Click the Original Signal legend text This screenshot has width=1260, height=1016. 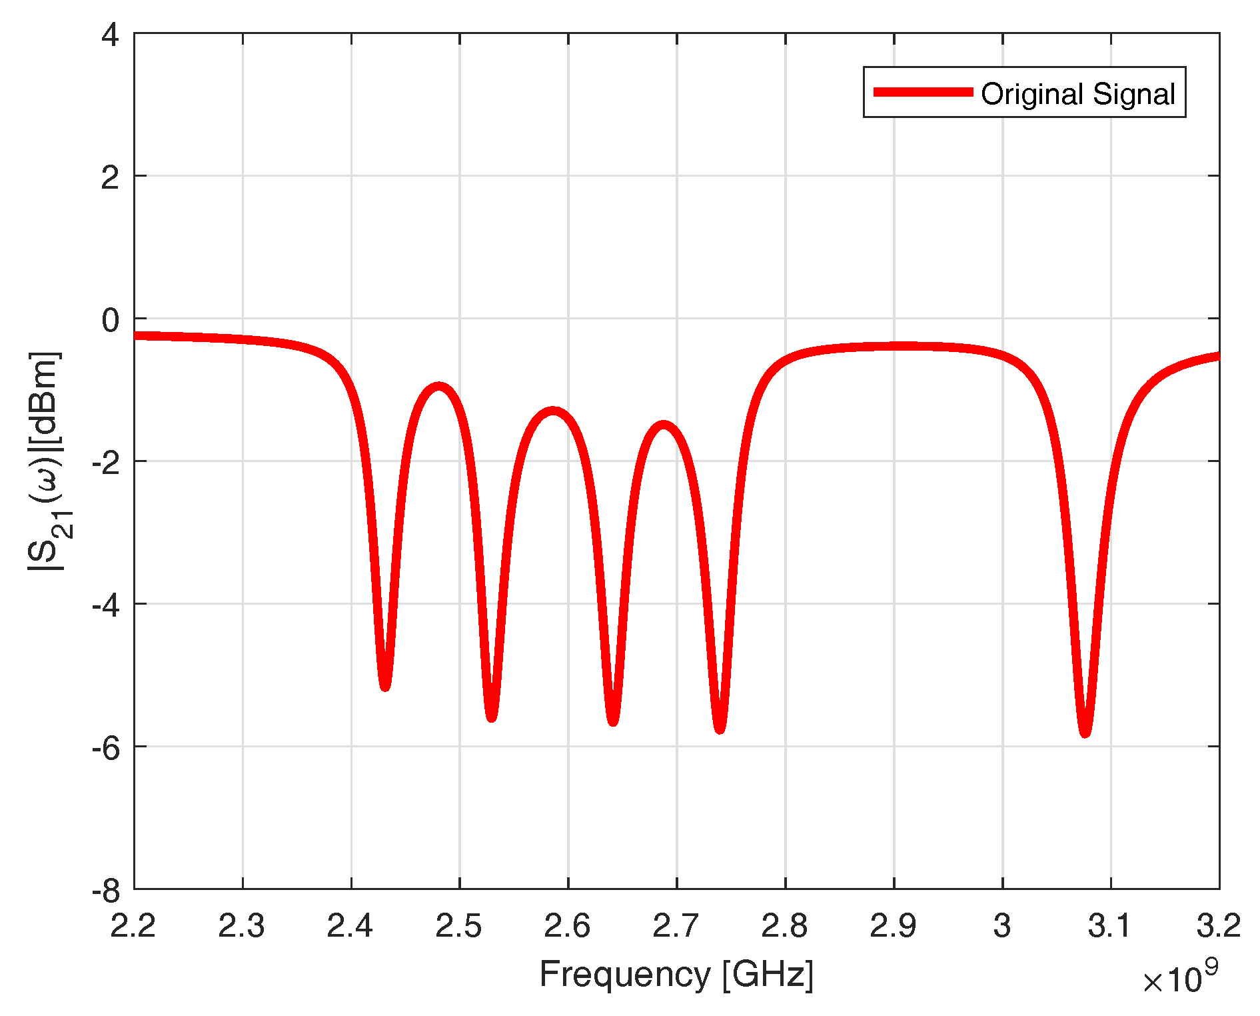[1077, 94]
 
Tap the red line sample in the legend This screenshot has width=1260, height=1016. [923, 92]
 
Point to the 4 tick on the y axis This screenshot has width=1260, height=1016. [110, 35]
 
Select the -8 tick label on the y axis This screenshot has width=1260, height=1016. [105, 891]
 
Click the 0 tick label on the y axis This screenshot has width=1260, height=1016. [110, 320]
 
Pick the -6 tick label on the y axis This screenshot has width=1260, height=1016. [105, 748]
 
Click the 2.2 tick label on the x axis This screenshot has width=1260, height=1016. [133, 926]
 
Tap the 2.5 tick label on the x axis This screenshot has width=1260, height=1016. [459, 926]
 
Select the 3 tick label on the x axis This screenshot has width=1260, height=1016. [1002, 926]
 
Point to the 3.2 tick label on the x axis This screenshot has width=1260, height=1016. [1219, 926]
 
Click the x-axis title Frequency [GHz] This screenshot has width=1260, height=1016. [676, 974]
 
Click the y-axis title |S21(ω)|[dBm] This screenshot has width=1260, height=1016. [45, 461]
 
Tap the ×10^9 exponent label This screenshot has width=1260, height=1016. [1180, 978]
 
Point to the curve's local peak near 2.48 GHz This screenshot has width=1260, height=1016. [439, 387]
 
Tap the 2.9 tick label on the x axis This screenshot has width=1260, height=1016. [894, 926]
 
